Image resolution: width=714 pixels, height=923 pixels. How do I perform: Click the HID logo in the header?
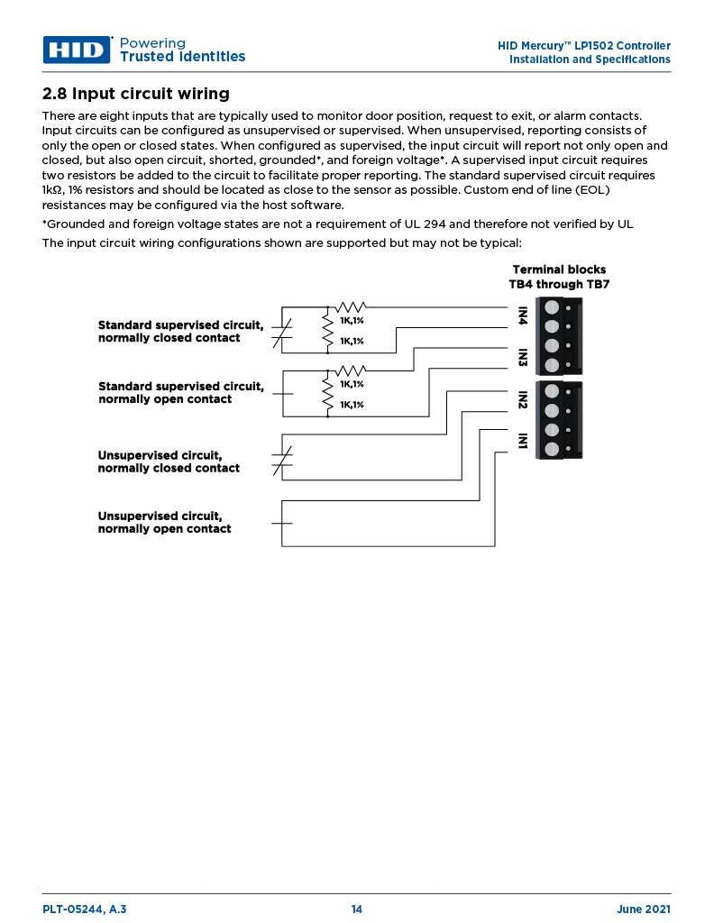tap(77, 50)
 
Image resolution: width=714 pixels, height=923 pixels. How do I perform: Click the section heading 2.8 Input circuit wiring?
tap(136, 94)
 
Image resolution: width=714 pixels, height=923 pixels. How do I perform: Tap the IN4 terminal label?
tap(522, 316)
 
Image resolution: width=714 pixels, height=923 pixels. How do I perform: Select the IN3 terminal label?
tap(522, 357)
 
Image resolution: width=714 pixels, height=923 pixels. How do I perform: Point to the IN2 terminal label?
tap(522, 399)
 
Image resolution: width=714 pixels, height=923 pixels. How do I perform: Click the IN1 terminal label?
tap(522, 441)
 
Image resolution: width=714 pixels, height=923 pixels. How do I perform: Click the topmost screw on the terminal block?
tap(552, 307)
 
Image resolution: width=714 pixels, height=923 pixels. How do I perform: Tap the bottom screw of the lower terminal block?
tap(552, 449)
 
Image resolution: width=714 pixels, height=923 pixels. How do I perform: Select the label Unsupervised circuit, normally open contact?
tap(164, 523)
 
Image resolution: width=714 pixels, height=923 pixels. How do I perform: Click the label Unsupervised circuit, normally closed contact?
tap(169, 461)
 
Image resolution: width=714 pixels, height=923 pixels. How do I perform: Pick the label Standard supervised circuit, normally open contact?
tap(180, 393)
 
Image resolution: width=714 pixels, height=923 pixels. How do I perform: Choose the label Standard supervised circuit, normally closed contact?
tap(180, 332)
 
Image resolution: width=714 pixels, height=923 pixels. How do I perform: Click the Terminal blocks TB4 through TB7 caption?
tap(559, 277)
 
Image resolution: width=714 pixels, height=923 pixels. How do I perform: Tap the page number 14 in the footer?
tap(357, 909)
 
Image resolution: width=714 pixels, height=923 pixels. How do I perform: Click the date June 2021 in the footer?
tap(644, 909)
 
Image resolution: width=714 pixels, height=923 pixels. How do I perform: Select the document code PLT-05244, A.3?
tap(85, 909)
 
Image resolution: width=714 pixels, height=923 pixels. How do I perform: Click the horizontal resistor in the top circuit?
tap(350, 308)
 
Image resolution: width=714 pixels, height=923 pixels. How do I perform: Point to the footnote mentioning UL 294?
tap(338, 224)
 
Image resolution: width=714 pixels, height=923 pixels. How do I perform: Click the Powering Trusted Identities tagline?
tap(182, 50)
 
